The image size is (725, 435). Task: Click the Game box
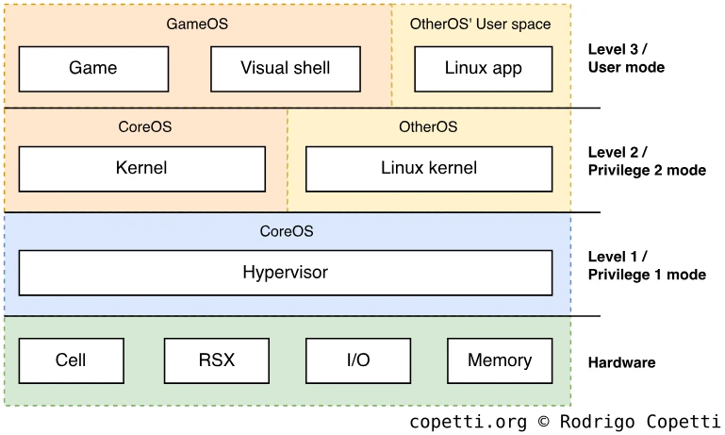click(93, 68)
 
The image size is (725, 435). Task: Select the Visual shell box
click(285, 68)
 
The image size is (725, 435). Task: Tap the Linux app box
click(483, 68)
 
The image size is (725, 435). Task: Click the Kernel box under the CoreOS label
click(141, 169)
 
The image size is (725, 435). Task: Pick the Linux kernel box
click(429, 169)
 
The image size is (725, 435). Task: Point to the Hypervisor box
click(285, 273)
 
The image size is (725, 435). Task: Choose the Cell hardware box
click(71, 360)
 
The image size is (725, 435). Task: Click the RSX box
click(217, 360)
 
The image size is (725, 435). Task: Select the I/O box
click(357, 360)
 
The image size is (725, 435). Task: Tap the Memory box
click(500, 360)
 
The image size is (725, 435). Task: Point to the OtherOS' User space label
click(481, 24)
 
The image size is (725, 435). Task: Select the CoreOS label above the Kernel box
click(145, 126)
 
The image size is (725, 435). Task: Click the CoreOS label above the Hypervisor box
click(287, 230)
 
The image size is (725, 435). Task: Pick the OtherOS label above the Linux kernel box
click(428, 126)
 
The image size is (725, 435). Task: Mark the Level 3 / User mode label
click(626, 59)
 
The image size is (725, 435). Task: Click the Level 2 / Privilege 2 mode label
click(646, 161)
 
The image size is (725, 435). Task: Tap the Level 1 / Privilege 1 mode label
click(646, 265)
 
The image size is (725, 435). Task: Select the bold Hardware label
click(621, 362)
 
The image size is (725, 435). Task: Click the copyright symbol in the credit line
click(544, 422)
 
